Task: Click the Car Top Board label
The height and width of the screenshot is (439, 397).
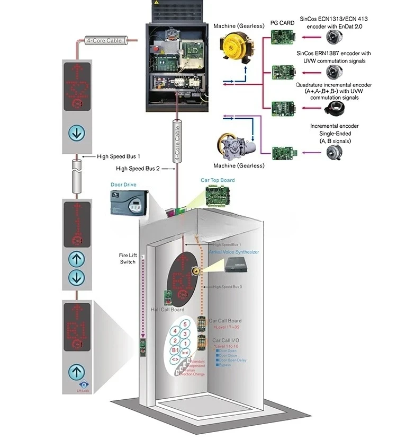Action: (218, 180)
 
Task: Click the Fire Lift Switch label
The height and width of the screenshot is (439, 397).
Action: (128, 258)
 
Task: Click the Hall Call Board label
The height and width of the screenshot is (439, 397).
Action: (168, 310)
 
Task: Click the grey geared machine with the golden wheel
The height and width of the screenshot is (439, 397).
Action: (233, 146)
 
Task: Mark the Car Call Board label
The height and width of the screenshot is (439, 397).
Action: (225, 321)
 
